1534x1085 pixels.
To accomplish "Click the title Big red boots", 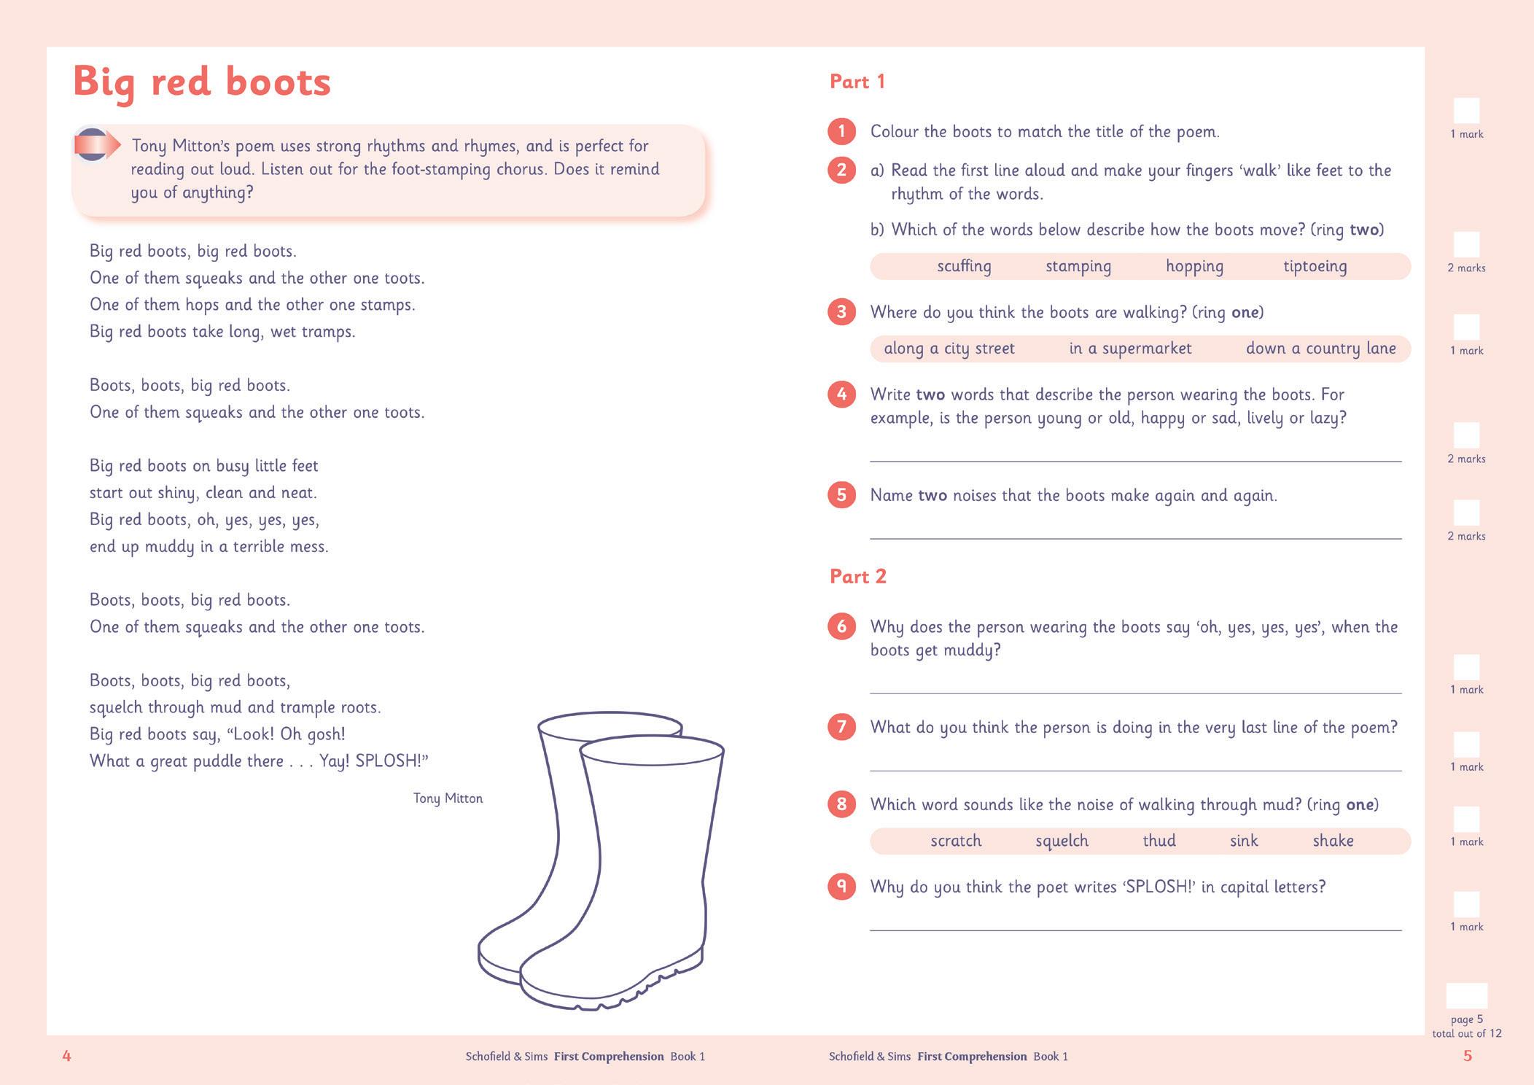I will (x=202, y=82).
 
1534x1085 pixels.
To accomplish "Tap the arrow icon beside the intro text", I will (x=96, y=144).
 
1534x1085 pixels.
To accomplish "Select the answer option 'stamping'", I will (x=1078, y=266).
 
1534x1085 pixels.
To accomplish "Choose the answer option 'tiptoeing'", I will (x=1315, y=266).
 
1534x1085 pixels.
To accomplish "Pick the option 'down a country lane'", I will (x=1320, y=349).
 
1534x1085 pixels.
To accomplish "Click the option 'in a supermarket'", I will (x=1130, y=349).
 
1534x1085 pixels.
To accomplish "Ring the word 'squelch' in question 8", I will (x=1062, y=841).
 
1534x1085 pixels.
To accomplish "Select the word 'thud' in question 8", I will (x=1159, y=841).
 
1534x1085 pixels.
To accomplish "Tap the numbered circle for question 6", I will (x=841, y=626).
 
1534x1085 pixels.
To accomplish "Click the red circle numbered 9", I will (x=841, y=887).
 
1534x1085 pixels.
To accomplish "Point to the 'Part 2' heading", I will (x=858, y=577).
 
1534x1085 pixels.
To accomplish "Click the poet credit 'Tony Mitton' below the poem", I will (x=448, y=798).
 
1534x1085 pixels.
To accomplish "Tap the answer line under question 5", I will (x=1135, y=537).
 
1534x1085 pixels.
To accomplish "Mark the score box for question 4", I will (x=1466, y=435).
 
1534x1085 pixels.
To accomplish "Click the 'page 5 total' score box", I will (x=1466, y=995).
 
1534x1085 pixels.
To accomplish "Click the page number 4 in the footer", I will (x=66, y=1056).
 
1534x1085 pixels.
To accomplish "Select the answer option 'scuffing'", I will (x=964, y=266).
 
